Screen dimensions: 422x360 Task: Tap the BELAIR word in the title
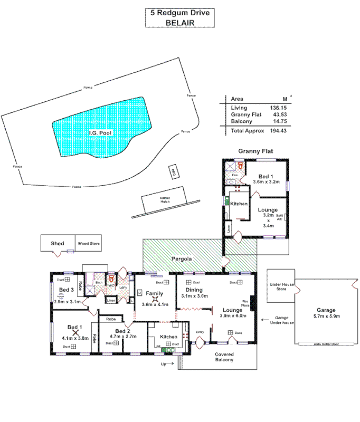point(180,23)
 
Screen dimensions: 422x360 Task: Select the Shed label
point(57,244)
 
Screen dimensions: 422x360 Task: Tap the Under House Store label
point(280,286)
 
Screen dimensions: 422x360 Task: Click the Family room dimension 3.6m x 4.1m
point(154,304)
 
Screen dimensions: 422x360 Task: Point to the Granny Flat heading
point(255,151)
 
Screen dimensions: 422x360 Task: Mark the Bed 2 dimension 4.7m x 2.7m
point(123,336)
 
